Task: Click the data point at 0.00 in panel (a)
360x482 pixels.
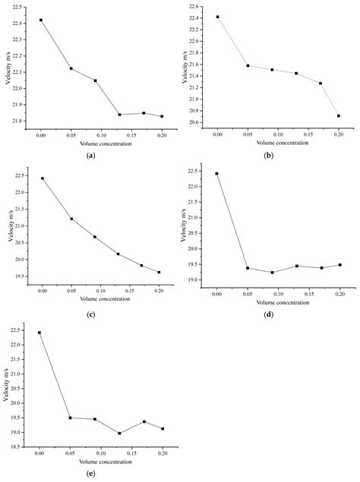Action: (41, 20)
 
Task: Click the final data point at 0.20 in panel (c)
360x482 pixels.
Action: (159, 272)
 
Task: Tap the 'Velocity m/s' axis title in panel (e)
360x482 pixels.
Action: (6, 387)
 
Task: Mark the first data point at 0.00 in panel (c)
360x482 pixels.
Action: (42, 178)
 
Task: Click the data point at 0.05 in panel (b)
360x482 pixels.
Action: (248, 65)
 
